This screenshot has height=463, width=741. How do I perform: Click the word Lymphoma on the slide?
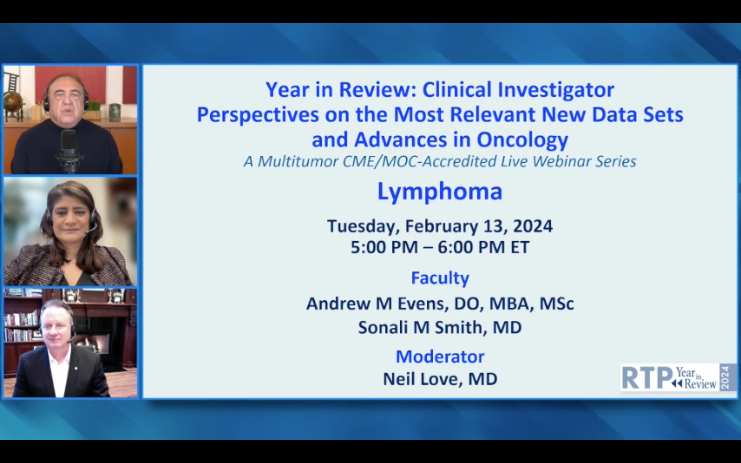point(440,192)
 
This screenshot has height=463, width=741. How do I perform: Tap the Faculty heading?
point(440,278)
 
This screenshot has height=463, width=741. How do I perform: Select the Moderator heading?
point(440,357)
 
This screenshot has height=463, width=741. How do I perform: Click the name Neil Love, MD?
point(440,379)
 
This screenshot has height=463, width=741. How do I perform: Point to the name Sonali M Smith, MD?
point(440,327)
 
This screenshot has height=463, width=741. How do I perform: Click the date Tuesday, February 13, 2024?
point(440,226)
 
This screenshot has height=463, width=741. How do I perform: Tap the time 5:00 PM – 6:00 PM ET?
point(440,247)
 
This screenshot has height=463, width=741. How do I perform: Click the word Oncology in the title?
point(522,140)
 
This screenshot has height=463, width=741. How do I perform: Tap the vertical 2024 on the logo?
point(725,378)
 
